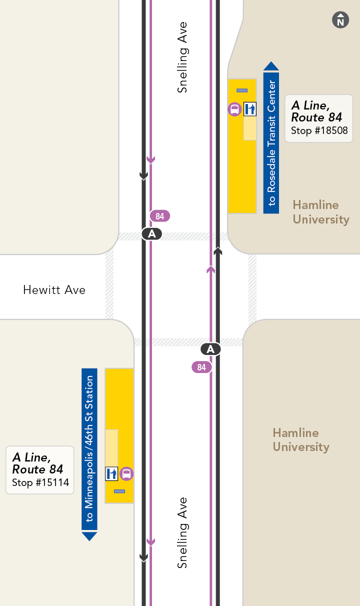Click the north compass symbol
pos(340,20)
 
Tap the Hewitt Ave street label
pos(54,290)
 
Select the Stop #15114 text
pos(40,483)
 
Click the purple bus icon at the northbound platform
pos(234,109)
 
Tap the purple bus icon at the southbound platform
pos(127,473)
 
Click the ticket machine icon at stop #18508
pos(250,109)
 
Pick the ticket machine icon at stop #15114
pos(111,473)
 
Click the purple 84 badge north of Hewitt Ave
pos(160,216)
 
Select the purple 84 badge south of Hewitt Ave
pos(201,367)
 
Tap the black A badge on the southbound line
pos(152,233)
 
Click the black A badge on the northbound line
pos(210,349)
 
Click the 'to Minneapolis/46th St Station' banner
pos(89,450)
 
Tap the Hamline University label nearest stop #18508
pos(320,212)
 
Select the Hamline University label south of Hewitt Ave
pos(301,440)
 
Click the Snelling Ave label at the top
pos(182,57)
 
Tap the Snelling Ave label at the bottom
pos(182,532)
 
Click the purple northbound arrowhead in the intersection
pos(211,270)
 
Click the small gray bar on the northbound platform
pos(242,90)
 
